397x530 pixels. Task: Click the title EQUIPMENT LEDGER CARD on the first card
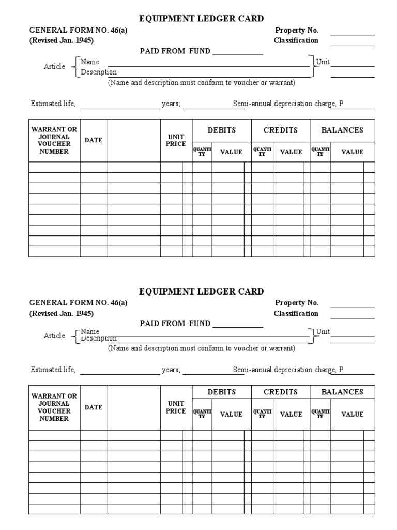click(202, 19)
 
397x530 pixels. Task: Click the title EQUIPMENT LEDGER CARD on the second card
click(202, 291)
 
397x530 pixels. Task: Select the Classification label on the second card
click(296, 313)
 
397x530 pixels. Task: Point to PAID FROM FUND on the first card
click(175, 51)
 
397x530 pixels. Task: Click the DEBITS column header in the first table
click(222, 130)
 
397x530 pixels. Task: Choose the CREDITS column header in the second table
click(281, 392)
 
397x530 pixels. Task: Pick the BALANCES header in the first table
click(342, 130)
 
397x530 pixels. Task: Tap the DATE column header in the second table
click(94, 407)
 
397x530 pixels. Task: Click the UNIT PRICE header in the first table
click(176, 140)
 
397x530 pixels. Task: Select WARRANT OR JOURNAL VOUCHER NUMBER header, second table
click(54, 407)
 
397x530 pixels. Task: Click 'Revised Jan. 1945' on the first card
click(62, 40)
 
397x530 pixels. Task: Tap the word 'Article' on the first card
click(54, 67)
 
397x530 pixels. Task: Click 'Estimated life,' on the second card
click(53, 370)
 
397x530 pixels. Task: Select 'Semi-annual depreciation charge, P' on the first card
click(288, 104)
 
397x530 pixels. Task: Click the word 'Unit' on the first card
click(323, 62)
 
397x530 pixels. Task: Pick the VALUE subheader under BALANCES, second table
click(352, 414)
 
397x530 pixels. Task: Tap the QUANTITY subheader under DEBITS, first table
click(202, 152)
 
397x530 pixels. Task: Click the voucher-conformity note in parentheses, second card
click(202, 348)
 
